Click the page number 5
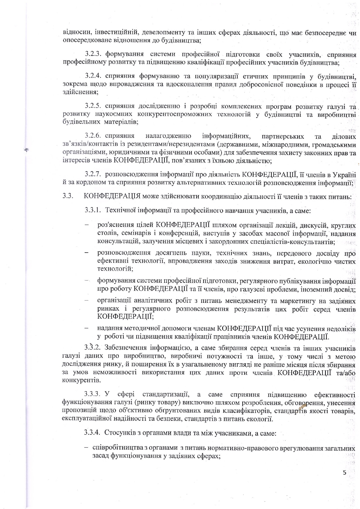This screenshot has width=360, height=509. tap(345, 472)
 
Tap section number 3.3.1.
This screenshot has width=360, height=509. tap(93, 210)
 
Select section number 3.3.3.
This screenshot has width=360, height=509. tap(93, 394)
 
